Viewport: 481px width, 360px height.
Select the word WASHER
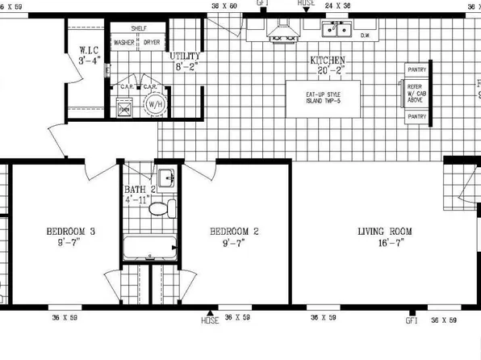click(x=123, y=42)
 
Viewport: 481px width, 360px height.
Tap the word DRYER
click(x=152, y=42)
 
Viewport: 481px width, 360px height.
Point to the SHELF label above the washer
click(x=138, y=27)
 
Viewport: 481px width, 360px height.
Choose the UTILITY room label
click(x=185, y=57)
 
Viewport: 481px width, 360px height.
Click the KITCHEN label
click(x=328, y=61)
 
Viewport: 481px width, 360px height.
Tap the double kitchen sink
click(x=337, y=31)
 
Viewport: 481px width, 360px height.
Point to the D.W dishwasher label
click(x=365, y=36)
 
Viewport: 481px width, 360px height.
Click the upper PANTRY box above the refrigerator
click(x=417, y=69)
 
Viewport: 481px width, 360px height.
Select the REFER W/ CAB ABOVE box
click(x=416, y=92)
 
